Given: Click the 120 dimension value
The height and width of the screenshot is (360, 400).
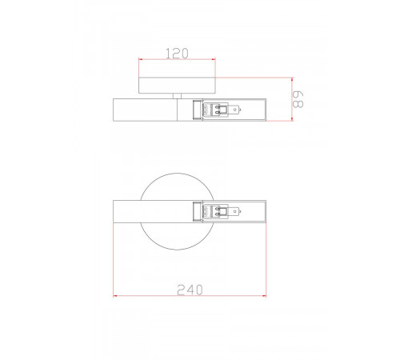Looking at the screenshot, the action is point(177,54).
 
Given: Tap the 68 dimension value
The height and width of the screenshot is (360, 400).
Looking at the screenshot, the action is point(298,99).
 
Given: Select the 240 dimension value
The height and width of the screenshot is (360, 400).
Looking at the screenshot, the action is point(190,290).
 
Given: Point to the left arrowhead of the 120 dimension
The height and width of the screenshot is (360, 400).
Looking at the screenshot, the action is point(141,59).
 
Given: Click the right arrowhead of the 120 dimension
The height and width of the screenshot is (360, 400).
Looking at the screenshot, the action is point(214,59).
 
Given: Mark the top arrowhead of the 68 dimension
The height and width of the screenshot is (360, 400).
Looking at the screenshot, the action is point(292,80).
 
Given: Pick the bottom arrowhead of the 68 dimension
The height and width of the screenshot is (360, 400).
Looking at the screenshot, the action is point(292,118).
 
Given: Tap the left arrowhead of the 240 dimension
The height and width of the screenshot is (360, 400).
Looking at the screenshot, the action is point(115,295).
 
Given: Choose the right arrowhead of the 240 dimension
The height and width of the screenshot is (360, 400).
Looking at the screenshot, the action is point(264,295).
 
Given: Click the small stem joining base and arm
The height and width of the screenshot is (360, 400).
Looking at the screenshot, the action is point(177,96).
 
